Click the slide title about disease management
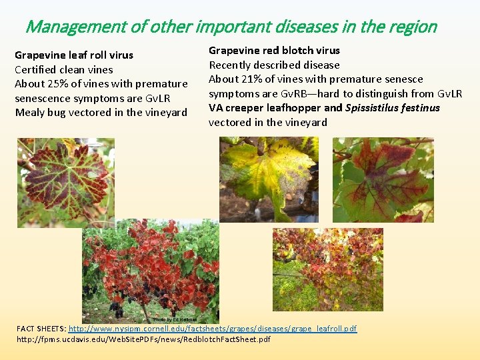click(231, 27)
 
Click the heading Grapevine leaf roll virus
click(74, 55)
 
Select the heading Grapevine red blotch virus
click(274, 50)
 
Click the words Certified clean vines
click(64, 69)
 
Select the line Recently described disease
click(274, 65)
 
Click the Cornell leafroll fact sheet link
click(213, 329)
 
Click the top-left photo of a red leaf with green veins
click(65, 182)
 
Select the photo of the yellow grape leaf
click(271, 179)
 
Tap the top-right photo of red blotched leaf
click(383, 179)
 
